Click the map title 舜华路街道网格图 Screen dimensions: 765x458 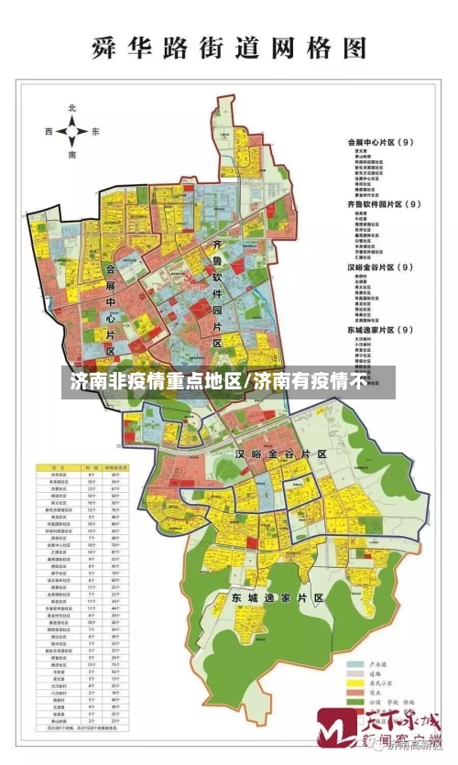[229, 47]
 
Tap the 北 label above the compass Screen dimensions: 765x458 [71, 108]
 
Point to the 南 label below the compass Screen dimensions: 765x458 [71, 157]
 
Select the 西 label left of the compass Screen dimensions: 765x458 [49, 132]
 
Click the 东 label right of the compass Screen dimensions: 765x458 [94, 132]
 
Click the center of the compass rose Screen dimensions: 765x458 [71, 133]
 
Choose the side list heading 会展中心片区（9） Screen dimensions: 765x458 [381, 142]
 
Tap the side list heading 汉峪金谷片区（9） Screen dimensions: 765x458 [381, 267]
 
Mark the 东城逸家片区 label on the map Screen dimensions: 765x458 [278, 596]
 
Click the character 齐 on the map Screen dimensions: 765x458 [217, 246]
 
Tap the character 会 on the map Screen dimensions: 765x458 [111, 269]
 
